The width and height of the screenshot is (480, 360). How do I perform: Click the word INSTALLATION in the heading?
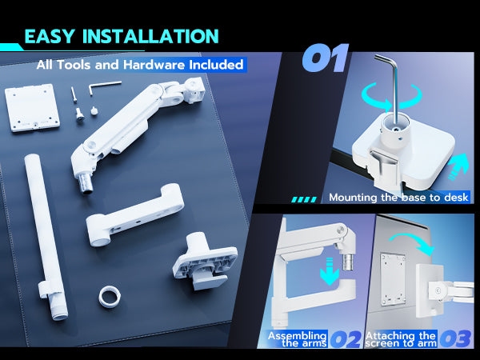150,36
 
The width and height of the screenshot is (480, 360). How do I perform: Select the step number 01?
326,58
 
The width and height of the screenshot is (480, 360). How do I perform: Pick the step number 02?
346,339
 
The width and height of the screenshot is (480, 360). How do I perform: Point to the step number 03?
455,339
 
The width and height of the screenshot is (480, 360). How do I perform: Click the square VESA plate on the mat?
32,107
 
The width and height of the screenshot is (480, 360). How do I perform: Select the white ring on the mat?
110,296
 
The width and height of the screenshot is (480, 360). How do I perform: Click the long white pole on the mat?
46,238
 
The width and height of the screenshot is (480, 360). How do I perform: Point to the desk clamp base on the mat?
205,261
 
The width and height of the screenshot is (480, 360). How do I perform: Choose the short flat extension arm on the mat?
134,214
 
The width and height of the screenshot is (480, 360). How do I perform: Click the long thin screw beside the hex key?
74,94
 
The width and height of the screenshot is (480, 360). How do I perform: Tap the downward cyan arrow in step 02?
330,271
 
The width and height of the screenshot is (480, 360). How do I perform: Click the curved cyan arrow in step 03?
414,242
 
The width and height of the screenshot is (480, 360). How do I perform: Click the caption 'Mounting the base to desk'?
398,198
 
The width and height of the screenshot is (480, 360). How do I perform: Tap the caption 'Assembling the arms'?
297,339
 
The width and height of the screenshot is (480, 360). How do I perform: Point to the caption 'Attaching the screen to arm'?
401,339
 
